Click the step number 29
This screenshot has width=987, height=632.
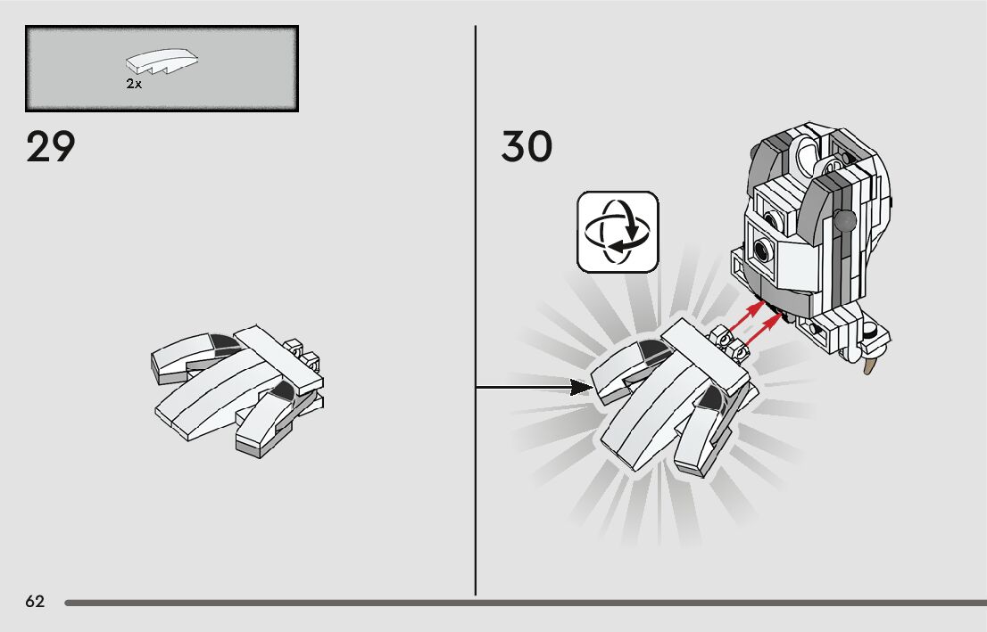51,147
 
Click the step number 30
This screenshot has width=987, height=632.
527,147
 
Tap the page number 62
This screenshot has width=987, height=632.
35,602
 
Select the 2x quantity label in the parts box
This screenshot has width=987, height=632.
134,84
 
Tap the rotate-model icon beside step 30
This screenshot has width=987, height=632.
618,231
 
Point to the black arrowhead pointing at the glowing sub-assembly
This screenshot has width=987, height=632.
581,387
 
